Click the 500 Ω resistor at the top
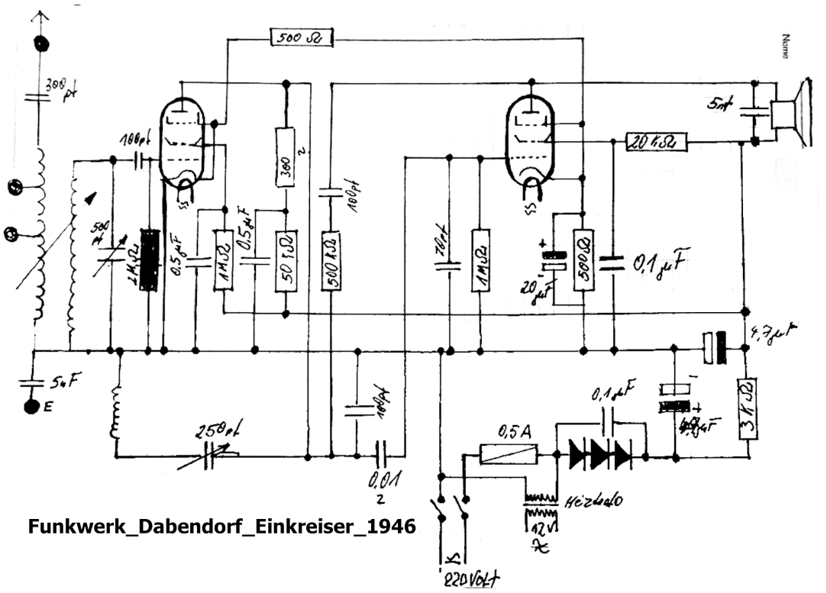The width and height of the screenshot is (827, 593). tap(302, 37)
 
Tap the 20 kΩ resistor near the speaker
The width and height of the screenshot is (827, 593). tap(656, 141)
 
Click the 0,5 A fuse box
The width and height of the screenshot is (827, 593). tap(508, 453)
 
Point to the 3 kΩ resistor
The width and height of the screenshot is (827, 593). tap(748, 408)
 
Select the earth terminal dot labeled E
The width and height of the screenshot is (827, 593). tap(31, 406)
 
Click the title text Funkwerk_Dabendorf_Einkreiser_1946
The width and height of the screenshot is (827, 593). tap(221, 527)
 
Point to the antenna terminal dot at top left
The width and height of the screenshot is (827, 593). tap(39, 43)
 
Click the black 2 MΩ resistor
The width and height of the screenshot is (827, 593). tap(151, 259)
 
